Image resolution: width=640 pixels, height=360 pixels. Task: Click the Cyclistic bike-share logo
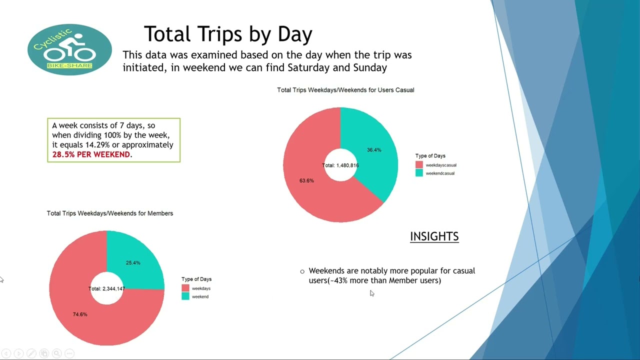[69, 49]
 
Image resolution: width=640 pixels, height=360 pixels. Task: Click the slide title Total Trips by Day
[228, 34]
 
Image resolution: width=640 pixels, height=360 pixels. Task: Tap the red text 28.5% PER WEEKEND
[91, 154]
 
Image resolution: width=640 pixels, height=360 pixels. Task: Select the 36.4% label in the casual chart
[374, 150]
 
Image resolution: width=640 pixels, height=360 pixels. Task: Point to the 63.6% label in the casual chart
[306, 180]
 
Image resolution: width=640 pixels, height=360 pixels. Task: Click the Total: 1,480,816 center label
[340, 165]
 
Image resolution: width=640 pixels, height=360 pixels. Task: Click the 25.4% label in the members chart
[133, 263]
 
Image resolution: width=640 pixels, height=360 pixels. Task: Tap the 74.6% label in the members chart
[80, 314]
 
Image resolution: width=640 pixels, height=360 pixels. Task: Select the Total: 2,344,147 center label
[106, 289]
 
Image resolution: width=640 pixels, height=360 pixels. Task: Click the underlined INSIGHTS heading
[434, 236]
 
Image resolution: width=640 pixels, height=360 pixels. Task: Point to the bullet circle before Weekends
[302, 271]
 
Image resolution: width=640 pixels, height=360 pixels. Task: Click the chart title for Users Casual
[345, 90]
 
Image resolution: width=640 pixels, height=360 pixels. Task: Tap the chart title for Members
[110, 213]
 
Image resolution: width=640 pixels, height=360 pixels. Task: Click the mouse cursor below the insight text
[371, 293]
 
